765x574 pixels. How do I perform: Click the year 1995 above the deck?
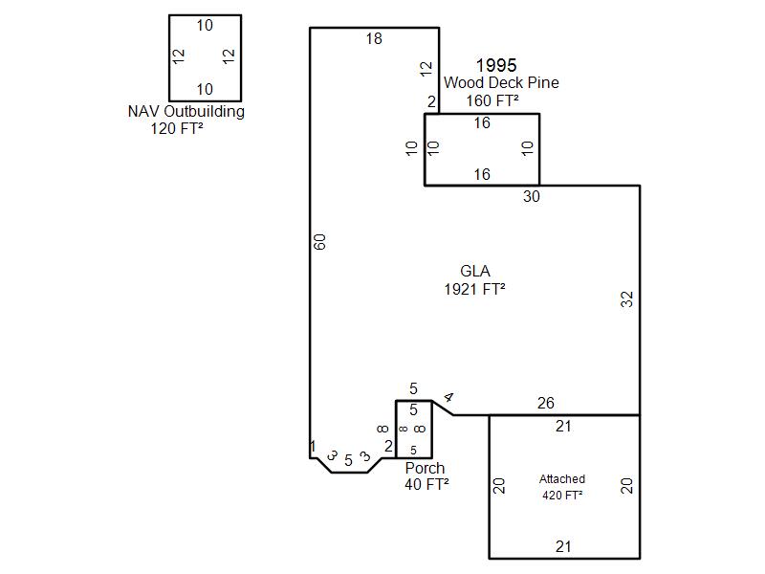click(496, 65)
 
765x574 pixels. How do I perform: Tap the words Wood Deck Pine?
click(500, 83)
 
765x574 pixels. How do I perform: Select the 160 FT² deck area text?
click(492, 100)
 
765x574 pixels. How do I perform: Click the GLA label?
click(474, 272)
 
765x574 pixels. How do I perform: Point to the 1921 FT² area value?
click(474, 289)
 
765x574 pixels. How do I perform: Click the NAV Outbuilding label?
click(186, 111)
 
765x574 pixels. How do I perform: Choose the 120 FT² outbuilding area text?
click(177, 128)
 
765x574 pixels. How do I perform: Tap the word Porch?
click(425, 468)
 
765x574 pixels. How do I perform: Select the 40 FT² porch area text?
click(426, 484)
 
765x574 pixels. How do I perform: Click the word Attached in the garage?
click(562, 479)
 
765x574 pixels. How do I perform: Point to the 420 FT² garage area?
click(562, 495)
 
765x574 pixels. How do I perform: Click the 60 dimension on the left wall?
click(320, 243)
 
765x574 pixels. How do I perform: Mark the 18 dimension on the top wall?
click(374, 39)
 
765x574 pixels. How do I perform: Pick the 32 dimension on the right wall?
click(627, 298)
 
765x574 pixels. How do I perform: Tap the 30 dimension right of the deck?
click(532, 196)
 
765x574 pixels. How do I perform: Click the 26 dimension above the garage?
click(545, 404)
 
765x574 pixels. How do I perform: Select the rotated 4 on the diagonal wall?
click(448, 398)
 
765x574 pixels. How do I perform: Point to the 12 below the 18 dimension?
click(426, 69)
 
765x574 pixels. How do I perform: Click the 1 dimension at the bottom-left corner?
click(313, 446)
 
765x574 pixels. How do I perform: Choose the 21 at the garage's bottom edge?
click(563, 547)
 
